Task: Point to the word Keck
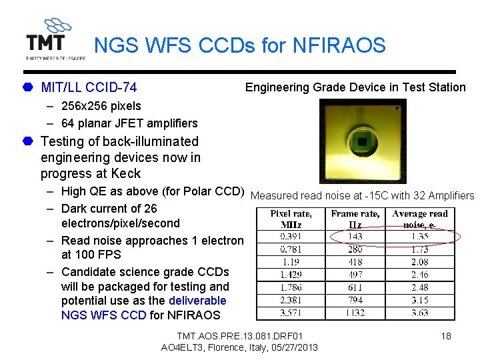pos(126,173)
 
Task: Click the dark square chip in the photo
pos(362,141)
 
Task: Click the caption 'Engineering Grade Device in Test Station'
pos(355,87)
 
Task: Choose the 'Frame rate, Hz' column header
pos(355,219)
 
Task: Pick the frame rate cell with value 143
pos(355,237)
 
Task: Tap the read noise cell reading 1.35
pos(420,237)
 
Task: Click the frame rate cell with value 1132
pos(355,313)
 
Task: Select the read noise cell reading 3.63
pos(420,313)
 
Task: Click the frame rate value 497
pos(355,275)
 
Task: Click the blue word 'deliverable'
pos(197,301)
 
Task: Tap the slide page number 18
pos(446,336)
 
